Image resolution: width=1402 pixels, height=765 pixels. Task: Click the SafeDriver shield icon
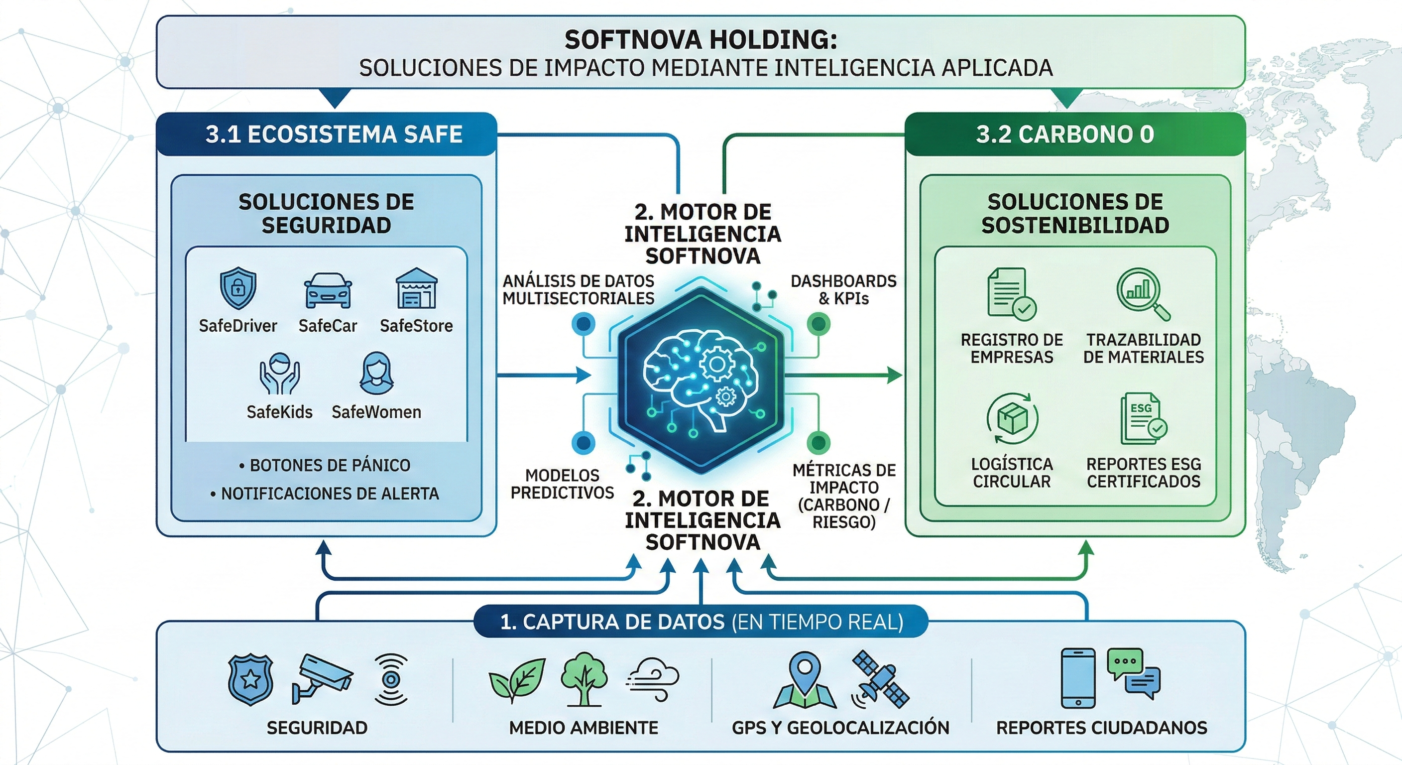pyautogui.click(x=238, y=288)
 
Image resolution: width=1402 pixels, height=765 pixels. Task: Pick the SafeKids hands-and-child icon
pyautogui.click(x=279, y=374)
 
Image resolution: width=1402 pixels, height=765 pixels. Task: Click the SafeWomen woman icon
pyautogui.click(x=376, y=374)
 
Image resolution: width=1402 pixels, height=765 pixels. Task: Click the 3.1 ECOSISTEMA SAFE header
pyautogui.click(x=334, y=134)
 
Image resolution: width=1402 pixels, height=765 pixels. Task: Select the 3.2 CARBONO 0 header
pyautogui.click(x=1064, y=134)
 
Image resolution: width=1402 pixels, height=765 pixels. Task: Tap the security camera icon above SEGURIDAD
pyautogui.click(x=322, y=678)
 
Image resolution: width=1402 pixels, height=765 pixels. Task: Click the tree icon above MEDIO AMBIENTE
pyautogui.click(x=584, y=678)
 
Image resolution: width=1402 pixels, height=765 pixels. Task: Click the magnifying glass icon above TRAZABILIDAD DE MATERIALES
pyautogui.click(x=1143, y=293)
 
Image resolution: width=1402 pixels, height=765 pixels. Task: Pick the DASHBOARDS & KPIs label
pyautogui.click(x=843, y=290)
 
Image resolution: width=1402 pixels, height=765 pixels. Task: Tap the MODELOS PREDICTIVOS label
pyautogui.click(x=562, y=484)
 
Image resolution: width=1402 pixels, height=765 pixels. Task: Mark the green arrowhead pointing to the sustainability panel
pyautogui.click(x=894, y=375)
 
